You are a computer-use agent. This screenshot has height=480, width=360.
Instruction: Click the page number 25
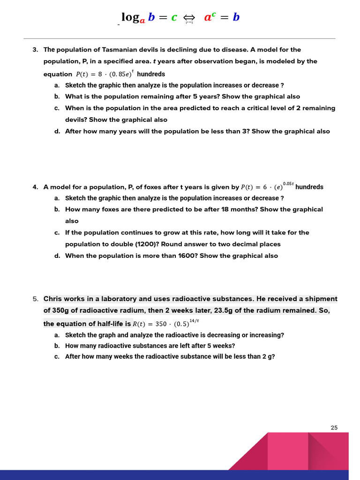[x=334, y=427]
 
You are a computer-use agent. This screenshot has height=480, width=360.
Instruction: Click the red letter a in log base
[x=142, y=20]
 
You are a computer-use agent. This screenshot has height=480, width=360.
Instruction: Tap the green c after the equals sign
[x=174, y=17]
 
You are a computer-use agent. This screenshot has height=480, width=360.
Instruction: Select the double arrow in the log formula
[x=190, y=18]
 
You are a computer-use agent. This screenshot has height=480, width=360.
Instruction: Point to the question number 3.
[x=35, y=50]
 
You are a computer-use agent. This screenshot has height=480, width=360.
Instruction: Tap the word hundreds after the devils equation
[x=151, y=74]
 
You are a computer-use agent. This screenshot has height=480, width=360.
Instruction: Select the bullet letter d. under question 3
[x=57, y=131]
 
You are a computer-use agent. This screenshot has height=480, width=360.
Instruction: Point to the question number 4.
[x=35, y=187]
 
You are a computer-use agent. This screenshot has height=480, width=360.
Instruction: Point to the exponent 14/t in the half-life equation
[x=194, y=320]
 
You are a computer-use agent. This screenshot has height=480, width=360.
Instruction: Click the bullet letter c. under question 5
[x=57, y=357]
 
